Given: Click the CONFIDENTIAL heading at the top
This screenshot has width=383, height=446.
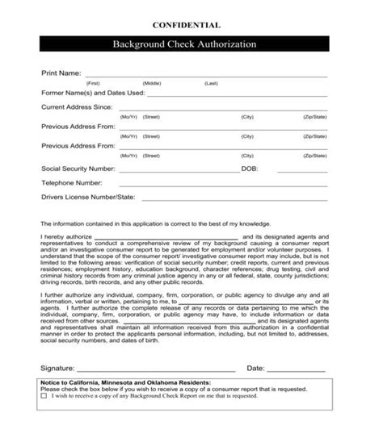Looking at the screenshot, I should click(191, 27).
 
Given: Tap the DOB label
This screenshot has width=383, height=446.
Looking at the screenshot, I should click(250, 170).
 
